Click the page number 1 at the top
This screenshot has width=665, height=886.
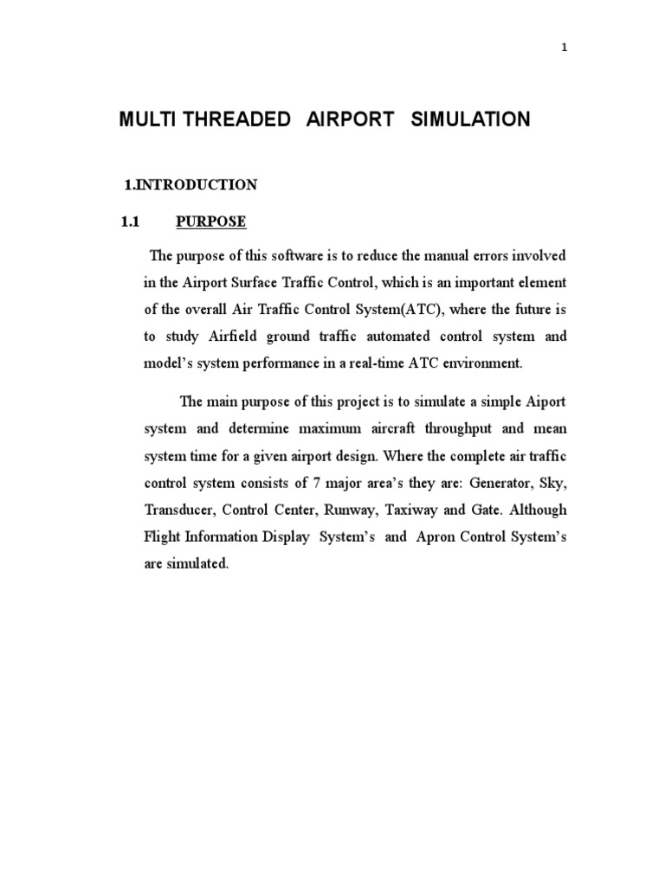click(565, 48)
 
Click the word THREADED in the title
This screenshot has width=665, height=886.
click(236, 120)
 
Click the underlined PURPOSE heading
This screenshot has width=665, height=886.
click(211, 221)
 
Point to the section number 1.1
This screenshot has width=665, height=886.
click(130, 221)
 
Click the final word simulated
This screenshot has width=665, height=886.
click(198, 563)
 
